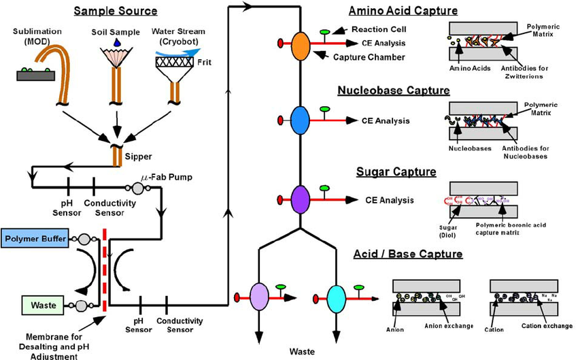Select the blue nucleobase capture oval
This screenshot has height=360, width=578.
300,120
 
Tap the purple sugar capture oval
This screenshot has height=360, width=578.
300,199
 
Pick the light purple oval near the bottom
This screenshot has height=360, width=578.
260,296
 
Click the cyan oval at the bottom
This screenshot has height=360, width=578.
337,296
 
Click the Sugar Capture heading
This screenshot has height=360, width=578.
396,171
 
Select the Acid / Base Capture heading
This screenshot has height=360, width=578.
408,255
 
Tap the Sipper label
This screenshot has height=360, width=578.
139,155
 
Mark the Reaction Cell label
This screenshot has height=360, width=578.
379,29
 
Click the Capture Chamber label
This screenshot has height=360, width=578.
369,57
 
